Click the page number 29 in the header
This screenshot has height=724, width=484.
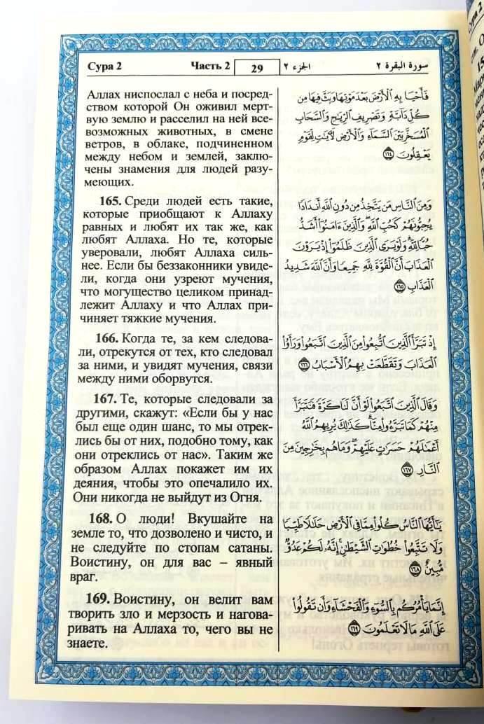click(x=256, y=68)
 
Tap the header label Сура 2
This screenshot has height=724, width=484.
click(x=104, y=67)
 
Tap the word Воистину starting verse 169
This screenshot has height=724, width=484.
click(x=159, y=599)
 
